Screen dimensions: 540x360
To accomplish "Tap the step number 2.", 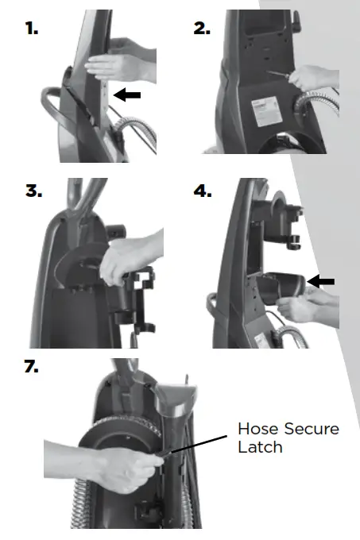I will [202, 29].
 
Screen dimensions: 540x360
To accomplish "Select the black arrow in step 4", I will [320, 281].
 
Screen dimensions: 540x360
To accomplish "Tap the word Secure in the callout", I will [313, 430].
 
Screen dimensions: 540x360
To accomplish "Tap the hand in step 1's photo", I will [119, 65].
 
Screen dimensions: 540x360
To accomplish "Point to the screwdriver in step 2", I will [281, 76].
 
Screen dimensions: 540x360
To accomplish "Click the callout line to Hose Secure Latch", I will [202, 444].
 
